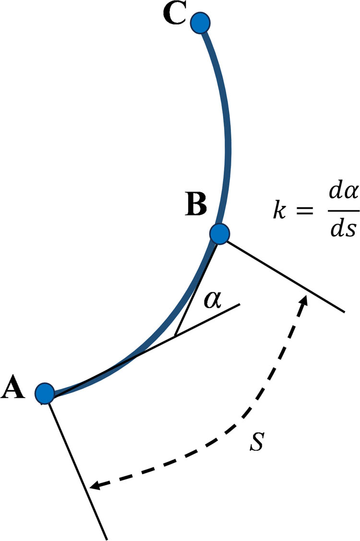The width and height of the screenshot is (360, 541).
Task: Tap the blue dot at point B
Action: (x=220, y=234)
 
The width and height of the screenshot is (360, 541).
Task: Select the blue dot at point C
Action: (x=199, y=23)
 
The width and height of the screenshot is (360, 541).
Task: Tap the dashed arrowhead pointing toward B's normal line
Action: (x=303, y=300)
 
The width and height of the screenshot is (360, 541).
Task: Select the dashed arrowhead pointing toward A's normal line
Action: (x=95, y=486)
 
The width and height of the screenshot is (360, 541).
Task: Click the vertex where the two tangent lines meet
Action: (x=175, y=334)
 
